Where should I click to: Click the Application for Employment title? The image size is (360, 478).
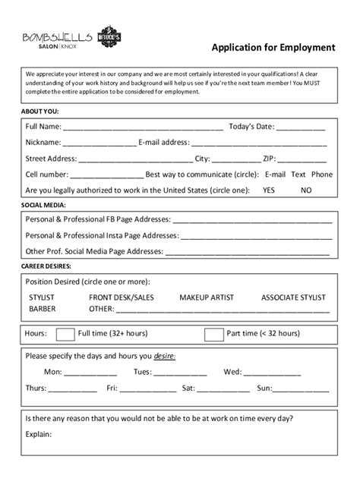coord(273,47)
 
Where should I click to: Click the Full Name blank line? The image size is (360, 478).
coord(144,127)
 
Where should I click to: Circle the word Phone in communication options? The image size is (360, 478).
coord(322,175)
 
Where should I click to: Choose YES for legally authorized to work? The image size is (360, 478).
coord(269,190)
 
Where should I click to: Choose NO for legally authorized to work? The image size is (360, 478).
coord(306,190)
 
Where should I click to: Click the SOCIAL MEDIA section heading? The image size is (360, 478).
coord(43,205)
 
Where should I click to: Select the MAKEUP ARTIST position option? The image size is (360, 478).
coord(206,297)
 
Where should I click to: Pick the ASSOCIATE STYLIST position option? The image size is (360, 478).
coord(293,297)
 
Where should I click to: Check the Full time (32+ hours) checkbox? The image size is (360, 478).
coord(66,335)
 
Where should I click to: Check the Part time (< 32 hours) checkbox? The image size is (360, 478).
coord(215,335)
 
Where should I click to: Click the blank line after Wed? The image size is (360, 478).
coord(271,373)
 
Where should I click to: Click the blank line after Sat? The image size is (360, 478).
coord(221,389)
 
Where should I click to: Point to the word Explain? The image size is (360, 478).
coord(39,435)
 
